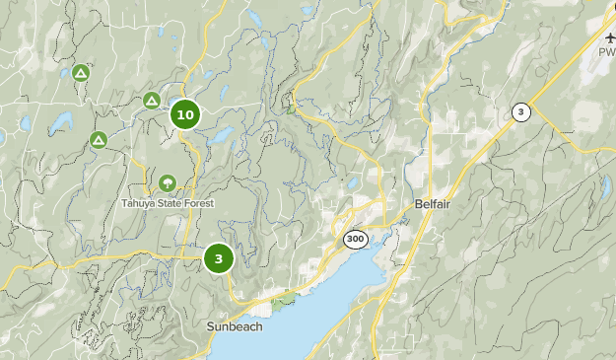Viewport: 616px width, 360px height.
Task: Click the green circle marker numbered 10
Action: coord(184,114)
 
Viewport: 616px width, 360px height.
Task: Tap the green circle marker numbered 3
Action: coord(218,258)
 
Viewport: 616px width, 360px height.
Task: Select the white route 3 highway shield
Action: coord(520,112)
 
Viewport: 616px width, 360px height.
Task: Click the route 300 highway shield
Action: coord(355,239)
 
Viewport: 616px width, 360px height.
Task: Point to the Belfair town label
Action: coord(430,203)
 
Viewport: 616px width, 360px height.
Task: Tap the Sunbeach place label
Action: coord(235,326)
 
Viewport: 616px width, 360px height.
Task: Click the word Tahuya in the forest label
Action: coord(138,204)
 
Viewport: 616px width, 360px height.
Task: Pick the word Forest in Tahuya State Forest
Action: coord(197,204)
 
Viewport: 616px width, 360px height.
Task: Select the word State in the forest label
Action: coord(167,204)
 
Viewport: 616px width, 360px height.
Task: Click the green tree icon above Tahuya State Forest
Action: coord(167,183)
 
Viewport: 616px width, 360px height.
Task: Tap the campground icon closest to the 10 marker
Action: coord(152,101)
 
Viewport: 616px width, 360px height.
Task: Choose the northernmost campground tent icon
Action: coord(80,73)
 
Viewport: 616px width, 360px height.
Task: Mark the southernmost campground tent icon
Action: coord(99,140)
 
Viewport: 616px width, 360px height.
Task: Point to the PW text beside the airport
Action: coord(606,51)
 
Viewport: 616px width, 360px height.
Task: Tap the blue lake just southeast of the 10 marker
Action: coord(219,135)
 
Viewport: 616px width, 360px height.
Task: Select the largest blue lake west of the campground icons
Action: coord(61,122)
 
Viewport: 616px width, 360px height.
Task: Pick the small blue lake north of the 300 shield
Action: coord(352,183)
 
